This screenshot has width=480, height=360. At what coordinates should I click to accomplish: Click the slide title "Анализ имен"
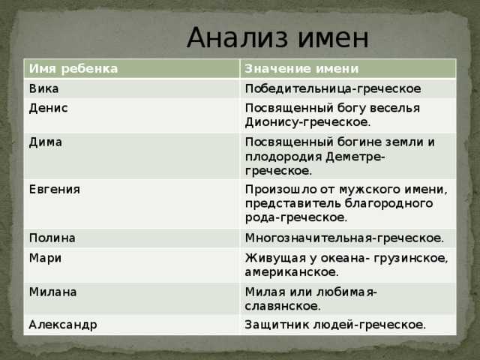pos(277,37)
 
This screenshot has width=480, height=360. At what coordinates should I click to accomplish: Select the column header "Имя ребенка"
pos(73,68)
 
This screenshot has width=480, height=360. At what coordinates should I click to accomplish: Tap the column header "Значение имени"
pos(301,68)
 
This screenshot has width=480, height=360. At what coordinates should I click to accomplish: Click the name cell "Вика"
pos(43,88)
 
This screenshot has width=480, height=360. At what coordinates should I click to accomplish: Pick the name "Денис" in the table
pos(48,108)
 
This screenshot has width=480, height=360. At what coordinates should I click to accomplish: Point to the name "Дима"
pos(46,142)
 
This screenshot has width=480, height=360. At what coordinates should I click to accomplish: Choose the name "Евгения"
pos(55,190)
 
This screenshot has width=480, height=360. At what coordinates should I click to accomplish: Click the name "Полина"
pos(52,238)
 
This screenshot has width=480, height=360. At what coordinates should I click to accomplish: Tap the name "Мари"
pos(45,258)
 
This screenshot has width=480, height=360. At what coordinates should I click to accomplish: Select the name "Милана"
pos(53,292)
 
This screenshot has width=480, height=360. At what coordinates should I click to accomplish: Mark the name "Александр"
pos(63,325)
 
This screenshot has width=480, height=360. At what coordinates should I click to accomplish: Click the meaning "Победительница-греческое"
pos(333,89)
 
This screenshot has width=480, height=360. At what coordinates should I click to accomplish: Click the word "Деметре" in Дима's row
pos(353,157)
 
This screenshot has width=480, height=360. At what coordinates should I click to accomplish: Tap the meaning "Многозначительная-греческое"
pos(344,238)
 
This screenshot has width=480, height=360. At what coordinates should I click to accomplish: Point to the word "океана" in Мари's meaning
pos(340,258)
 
